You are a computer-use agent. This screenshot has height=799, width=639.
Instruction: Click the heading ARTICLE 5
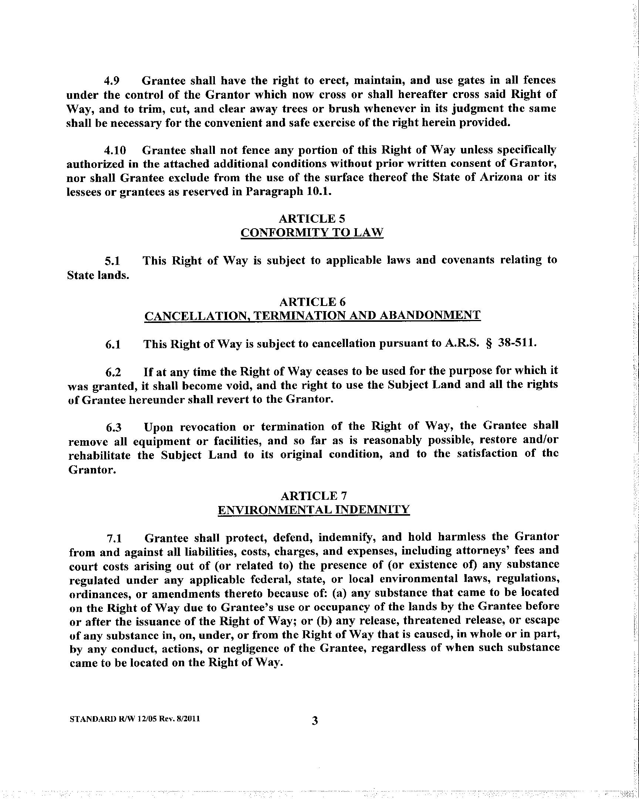[312, 218]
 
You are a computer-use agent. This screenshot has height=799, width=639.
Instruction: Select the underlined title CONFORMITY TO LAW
[312, 232]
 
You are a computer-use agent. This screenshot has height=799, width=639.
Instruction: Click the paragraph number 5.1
[112, 261]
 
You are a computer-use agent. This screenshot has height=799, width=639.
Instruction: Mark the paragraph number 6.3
[114, 427]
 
